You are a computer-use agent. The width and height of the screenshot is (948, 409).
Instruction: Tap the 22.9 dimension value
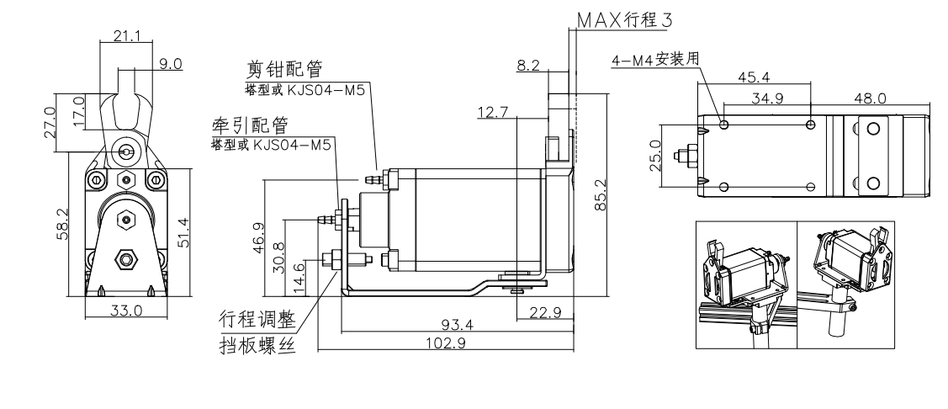(x=543, y=312)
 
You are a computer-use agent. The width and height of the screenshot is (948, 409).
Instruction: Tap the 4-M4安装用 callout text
(x=658, y=59)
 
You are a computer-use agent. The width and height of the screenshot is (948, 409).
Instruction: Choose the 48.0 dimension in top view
(x=869, y=98)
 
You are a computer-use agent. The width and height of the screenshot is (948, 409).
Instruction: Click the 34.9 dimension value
(x=767, y=98)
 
